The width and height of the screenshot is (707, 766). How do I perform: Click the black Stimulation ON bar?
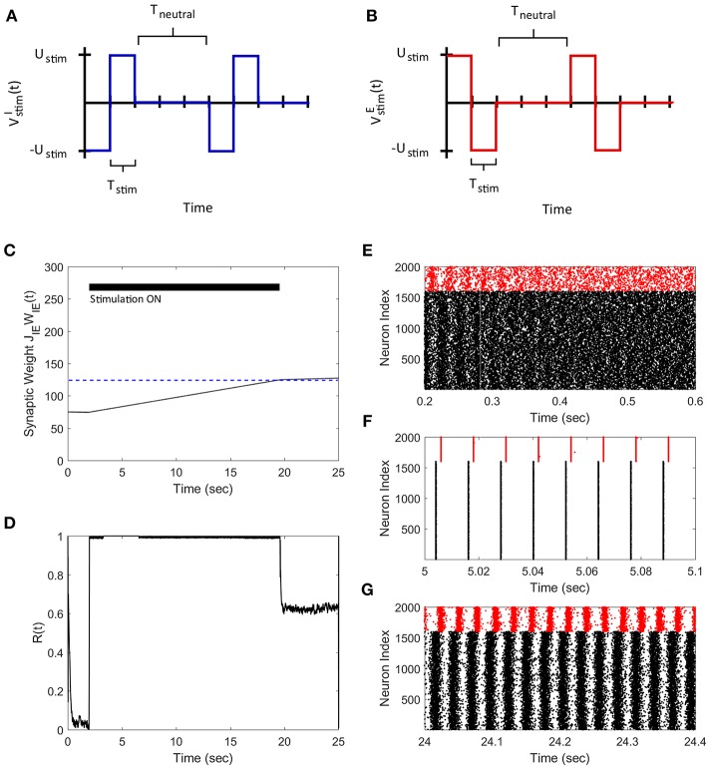coord(183,287)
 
